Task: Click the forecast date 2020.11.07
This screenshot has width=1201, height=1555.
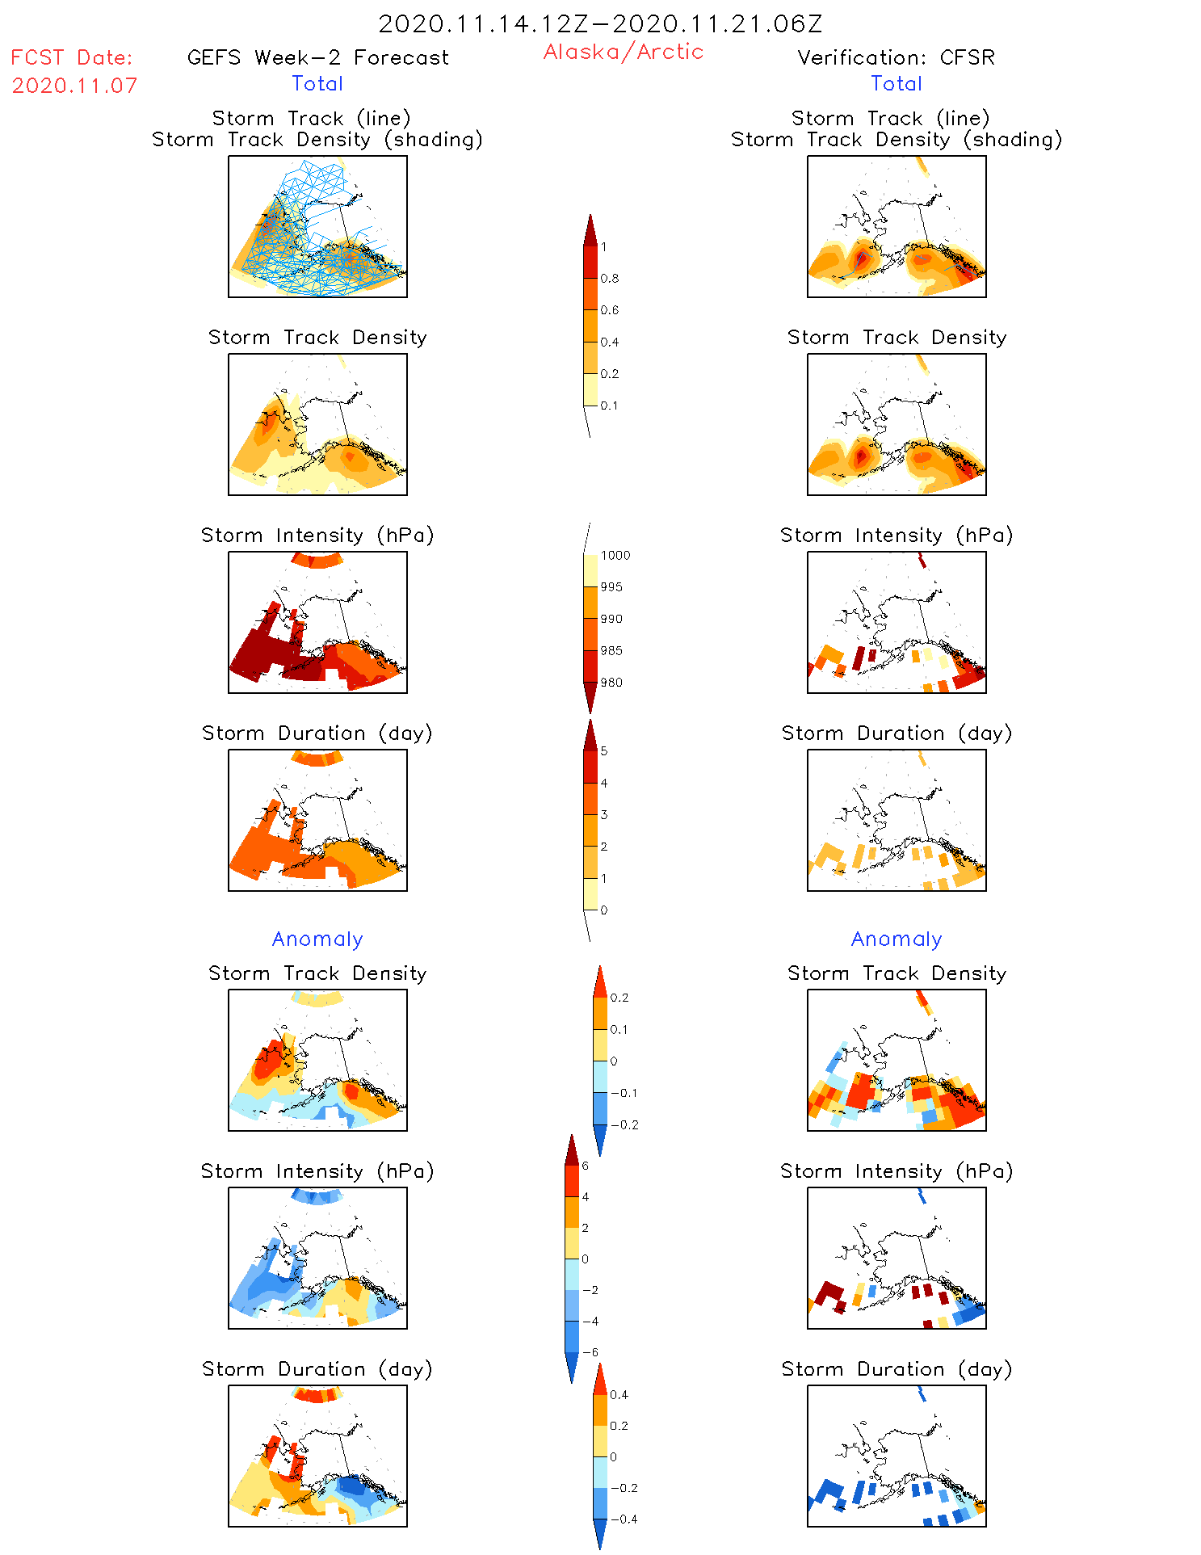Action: pos(74,86)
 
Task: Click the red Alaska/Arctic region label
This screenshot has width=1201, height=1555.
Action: pos(623,52)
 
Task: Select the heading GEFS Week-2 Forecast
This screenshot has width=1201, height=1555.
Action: pos(317,57)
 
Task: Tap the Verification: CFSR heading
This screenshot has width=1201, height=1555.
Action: pos(896,57)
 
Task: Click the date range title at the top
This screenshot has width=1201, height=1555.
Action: pos(600,23)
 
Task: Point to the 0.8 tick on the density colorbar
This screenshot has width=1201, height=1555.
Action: pos(610,279)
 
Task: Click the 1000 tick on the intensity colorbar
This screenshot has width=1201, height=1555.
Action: pos(615,556)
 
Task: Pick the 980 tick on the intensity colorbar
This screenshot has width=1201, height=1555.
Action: pos(611,683)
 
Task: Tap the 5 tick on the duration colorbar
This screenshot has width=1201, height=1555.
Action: pos(604,751)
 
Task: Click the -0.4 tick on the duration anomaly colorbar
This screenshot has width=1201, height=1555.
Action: pos(624,1519)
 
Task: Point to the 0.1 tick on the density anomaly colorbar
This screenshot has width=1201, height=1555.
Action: pos(619,1029)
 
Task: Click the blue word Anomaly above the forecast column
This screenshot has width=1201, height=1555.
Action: pos(317,939)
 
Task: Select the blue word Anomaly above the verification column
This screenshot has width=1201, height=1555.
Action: pos(897,939)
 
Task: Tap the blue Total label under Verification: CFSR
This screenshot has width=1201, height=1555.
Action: pos(897,83)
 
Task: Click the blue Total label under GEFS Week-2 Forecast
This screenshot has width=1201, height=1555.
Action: pos(317,83)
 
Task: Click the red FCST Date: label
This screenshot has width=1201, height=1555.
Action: pos(72,57)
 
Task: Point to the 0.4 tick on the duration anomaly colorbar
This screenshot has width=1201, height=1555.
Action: pos(619,1394)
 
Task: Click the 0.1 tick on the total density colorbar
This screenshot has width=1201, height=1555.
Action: pos(609,406)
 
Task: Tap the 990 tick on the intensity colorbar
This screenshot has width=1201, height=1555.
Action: pos(611,619)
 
